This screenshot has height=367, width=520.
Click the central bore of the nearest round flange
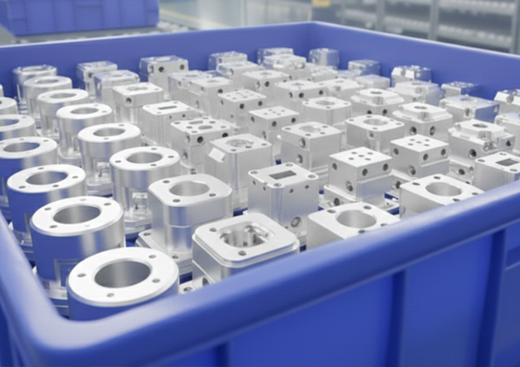pyautogui.click(x=122, y=274)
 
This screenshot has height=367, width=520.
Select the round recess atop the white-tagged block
pyautogui.click(x=240, y=143)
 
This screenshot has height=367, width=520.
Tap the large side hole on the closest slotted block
pyautogui.click(x=295, y=222)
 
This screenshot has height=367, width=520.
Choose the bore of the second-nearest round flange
pyautogui.click(x=76, y=215)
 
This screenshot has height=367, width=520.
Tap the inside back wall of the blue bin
pyautogui.click(x=191, y=42)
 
